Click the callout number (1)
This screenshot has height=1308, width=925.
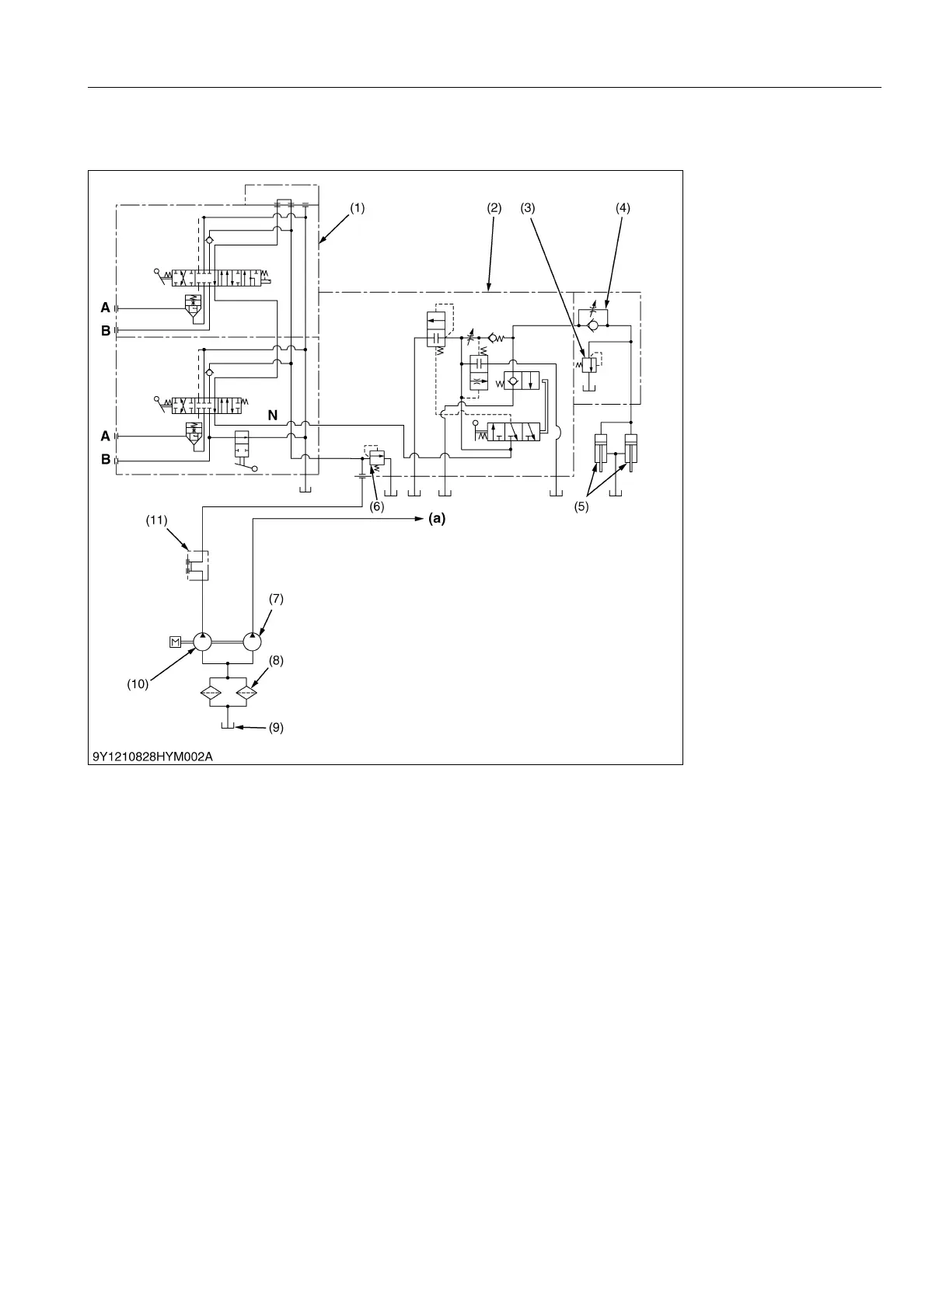pos(357,208)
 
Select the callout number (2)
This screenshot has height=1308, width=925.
pos(494,208)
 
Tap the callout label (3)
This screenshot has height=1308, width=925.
pos(528,208)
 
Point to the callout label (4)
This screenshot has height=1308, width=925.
pos(623,208)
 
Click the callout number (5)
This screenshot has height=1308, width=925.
pos(581,506)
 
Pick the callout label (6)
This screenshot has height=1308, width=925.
pos(377,506)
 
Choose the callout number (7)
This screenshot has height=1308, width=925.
pos(276,599)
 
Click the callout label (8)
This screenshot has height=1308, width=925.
pos(276,660)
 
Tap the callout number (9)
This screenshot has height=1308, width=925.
pos(276,729)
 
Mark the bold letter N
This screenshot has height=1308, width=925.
pos(273,416)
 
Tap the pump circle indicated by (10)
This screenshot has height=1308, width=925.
pos(202,642)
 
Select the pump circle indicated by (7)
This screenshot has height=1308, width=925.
pos(253,642)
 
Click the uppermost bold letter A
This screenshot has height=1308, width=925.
pos(105,308)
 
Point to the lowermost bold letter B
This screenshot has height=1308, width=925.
pos(105,460)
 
